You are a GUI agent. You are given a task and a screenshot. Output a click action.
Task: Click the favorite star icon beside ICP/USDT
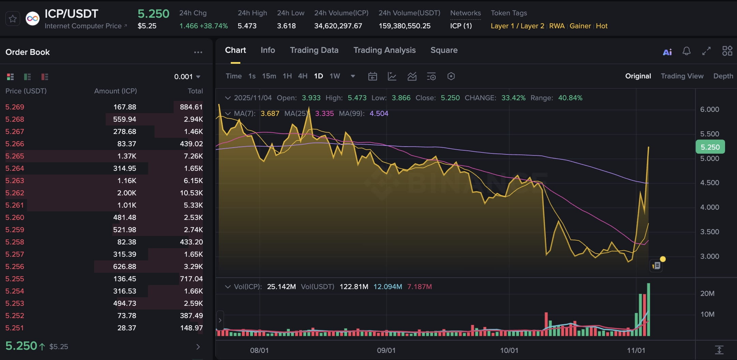[x=13, y=19]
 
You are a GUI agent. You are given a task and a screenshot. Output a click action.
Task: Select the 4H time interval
[x=302, y=76]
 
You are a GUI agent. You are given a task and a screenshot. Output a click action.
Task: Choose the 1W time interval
[x=334, y=76]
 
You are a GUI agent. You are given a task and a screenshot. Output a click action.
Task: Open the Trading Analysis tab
[x=384, y=50]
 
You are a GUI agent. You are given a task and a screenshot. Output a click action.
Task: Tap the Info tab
[x=268, y=50]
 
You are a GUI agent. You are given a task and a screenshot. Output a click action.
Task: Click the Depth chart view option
[x=723, y=76]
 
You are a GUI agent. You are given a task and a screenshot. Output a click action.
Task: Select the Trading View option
[x=682, y=76]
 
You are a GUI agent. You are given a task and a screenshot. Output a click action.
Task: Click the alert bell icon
[x=687, y=51]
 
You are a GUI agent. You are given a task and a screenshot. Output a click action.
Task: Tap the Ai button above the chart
[x=667, y=52]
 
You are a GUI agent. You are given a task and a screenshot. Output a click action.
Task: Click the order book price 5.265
[x=15, y=156]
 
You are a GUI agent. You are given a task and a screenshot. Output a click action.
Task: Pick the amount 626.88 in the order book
[x=124, y=267]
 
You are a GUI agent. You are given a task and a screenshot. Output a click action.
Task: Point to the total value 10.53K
[x=191, y=193]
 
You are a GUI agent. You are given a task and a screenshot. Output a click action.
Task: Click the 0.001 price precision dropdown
[x=187, y=77]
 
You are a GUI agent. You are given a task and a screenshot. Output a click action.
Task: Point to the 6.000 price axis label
[x=709, y=109]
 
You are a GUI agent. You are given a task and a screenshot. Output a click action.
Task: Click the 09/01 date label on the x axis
[x=386, y=350]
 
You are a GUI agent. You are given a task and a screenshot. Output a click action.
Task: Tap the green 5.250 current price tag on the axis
[x=710, y=147]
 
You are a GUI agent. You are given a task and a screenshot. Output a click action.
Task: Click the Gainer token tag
[x=580, y=26]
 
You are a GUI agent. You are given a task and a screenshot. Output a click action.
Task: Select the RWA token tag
[x=557, y=26]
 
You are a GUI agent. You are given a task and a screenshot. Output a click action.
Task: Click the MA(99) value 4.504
[x=379, y=114]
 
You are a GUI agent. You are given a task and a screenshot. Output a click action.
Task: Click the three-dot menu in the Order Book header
[x=198, y=52]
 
